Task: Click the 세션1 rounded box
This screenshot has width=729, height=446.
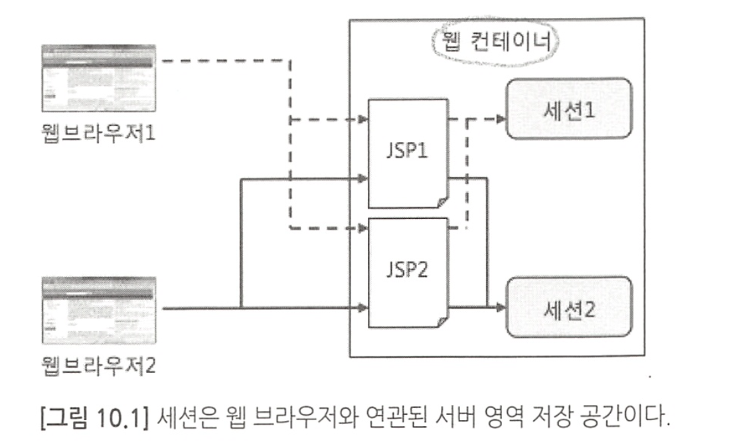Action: click(569, 109)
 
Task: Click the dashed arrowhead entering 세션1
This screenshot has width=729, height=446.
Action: click(501, 119)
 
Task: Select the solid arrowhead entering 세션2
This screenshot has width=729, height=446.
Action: click(501, 307)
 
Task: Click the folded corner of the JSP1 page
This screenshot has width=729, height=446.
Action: click(442, 201)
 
